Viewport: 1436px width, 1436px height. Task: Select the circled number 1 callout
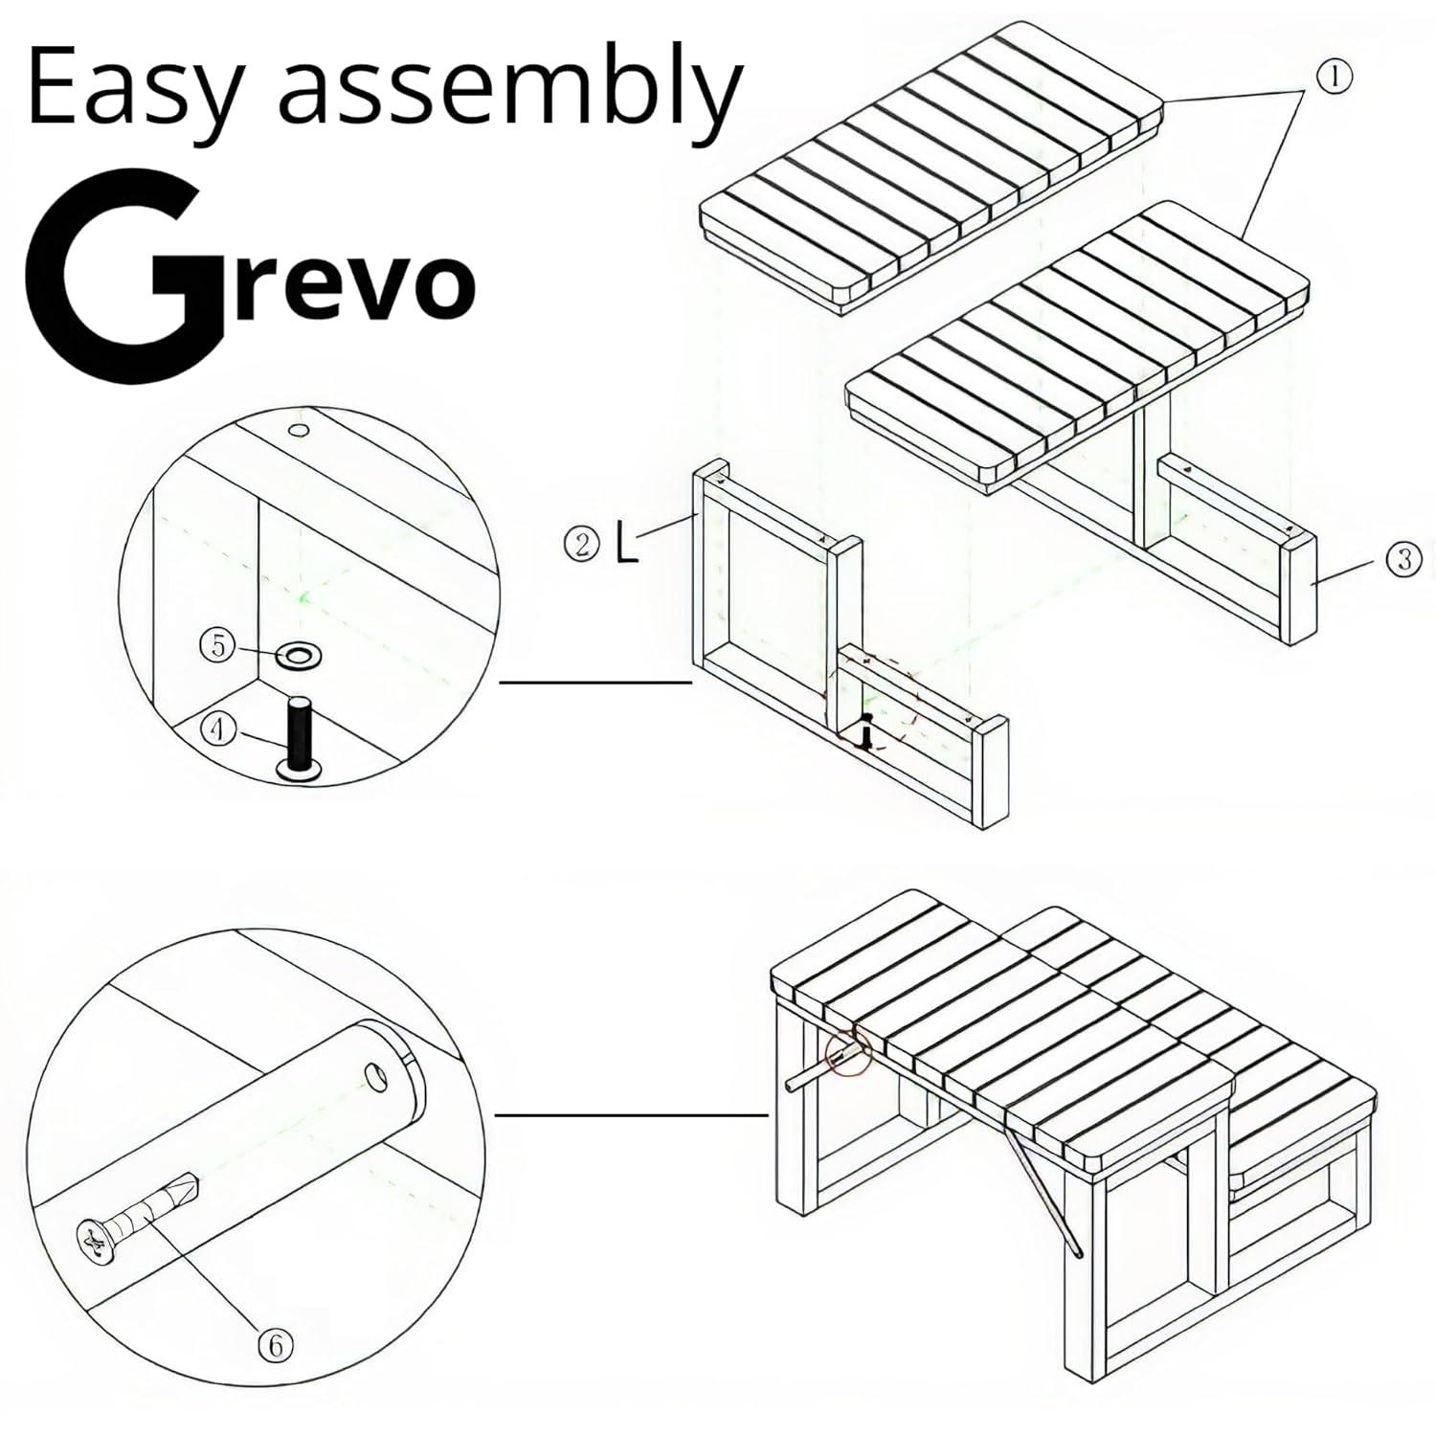click(x=1336, y=78)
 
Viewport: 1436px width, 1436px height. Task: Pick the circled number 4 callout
click(x=220, y=729)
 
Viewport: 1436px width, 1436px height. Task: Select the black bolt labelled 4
click(x=300, y=737)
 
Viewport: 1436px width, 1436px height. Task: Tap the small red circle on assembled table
click(x=848, y=1051)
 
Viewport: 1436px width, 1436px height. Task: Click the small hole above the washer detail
click(x=299, y=430)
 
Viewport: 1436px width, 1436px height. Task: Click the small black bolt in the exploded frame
click(x=867, y=733)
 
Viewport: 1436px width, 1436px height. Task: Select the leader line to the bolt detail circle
click(x=595, y=683)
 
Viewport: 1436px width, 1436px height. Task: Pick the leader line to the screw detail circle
click(x=632, y=1114)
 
